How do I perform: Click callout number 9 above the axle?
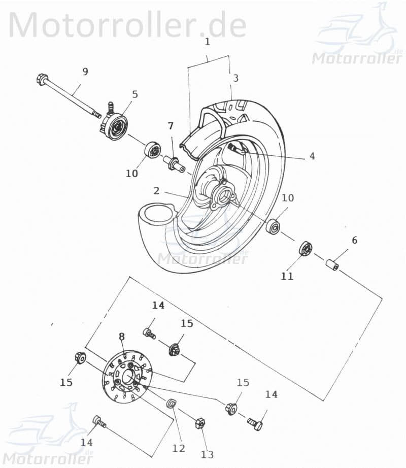85,72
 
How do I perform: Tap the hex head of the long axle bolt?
42,79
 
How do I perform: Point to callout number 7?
171,125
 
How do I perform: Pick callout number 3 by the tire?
235,78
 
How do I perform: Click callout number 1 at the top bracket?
207,42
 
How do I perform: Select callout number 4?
312,156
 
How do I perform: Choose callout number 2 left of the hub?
156,191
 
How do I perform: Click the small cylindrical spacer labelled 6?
332,265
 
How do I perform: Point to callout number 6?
354,240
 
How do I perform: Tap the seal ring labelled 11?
306,249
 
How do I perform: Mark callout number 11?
287,276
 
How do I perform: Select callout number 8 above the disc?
122,336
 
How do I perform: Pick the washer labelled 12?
172,404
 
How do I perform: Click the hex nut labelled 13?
200,422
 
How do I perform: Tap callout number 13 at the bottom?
208,454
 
